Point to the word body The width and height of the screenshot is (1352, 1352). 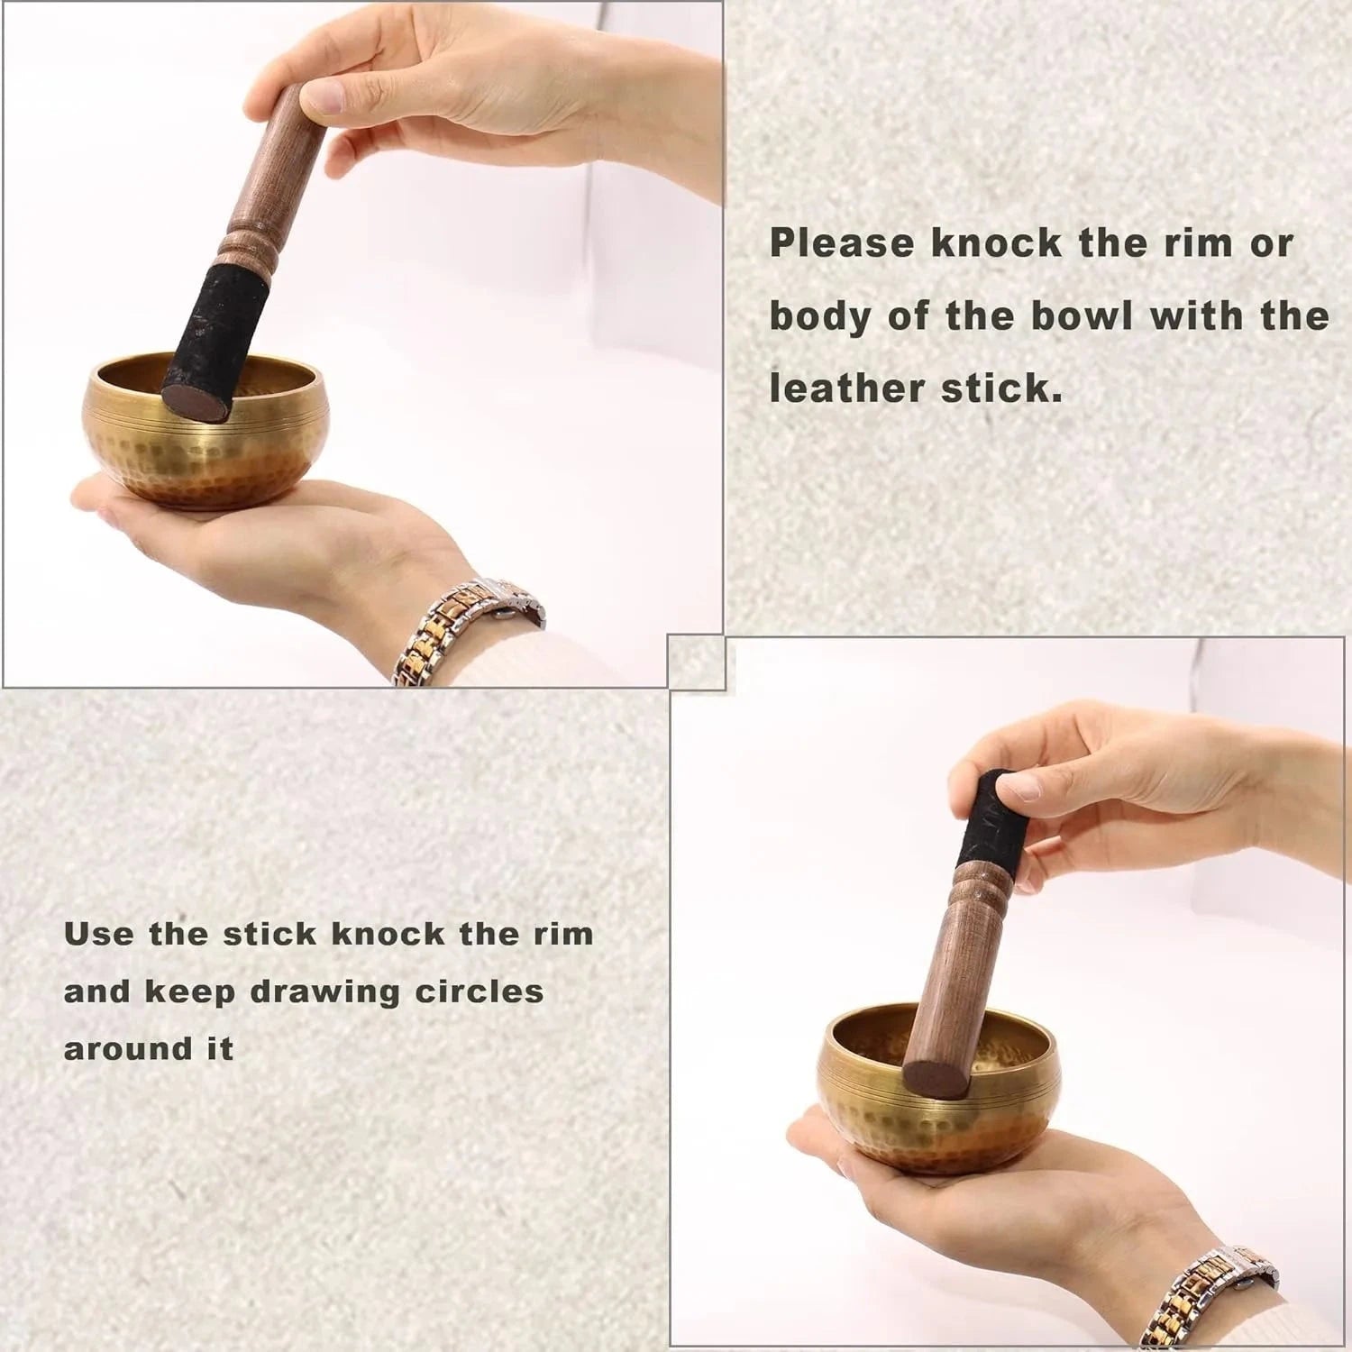[x=819, y=317]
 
